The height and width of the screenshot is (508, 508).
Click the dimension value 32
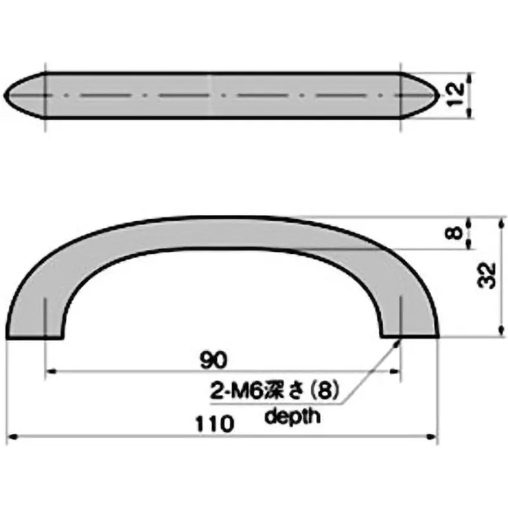click(x=485, y=276)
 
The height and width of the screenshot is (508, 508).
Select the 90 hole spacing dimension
click(x=213, y=360)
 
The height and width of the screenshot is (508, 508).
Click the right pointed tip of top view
click(x=438, y=95)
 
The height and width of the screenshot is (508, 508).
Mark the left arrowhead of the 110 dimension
click(x=10, y=437)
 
